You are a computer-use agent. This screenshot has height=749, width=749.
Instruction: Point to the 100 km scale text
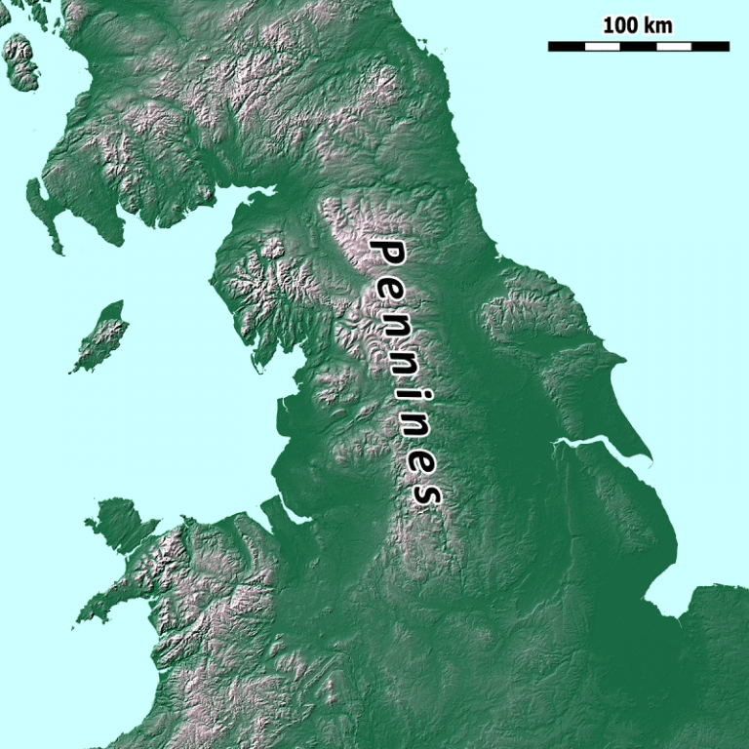[637, 25]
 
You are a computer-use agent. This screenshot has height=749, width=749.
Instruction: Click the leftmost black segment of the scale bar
[566, 46]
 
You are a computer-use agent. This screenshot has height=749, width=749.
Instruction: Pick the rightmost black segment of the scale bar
[710, 46]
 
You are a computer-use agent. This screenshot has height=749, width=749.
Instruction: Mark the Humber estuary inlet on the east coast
[585, 447]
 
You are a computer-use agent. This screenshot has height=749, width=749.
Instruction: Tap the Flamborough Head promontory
[622, 358]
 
